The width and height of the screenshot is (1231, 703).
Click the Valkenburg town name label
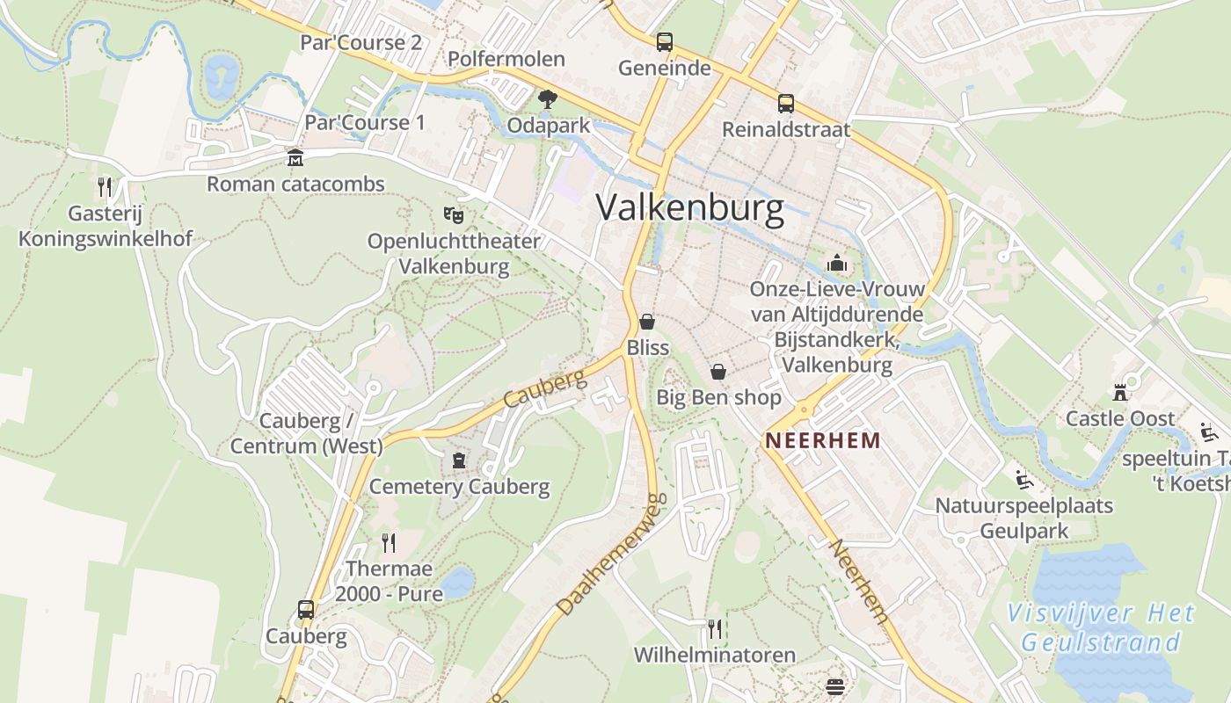[x=690, y=208]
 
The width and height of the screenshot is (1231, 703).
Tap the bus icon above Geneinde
[x=664, y=41]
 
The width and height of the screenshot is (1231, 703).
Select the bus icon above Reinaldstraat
[x=785, y=104]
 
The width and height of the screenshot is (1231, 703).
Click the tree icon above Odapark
[x=548, y=99]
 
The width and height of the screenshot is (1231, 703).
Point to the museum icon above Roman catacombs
[x=295, y=158]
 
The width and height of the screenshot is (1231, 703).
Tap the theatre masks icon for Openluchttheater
[x=453, y=214]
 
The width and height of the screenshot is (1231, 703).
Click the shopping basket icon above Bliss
[x=647, y=322]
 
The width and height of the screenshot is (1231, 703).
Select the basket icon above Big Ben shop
[x=718, y=372]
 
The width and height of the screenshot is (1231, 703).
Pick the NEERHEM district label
[x=822, y=440]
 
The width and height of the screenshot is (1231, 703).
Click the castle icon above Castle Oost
[x=1120, y=392]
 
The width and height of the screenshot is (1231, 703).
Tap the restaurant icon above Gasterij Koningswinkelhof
[x=105, y=186]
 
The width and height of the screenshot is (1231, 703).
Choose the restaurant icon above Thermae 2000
[x=389, y=542]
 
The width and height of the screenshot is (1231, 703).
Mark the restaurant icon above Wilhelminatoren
[x=715, y=628]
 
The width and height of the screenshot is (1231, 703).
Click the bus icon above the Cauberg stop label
[x=306, y=610]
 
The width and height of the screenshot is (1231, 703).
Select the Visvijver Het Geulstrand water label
[x=1101, y=627]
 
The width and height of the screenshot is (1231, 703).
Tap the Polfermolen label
[x=506, y=60]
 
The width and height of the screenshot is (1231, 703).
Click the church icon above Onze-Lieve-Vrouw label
[x=836, y=263]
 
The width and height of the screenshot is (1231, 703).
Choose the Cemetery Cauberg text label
[x=459, y=487]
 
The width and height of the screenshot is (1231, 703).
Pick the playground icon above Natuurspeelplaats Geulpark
[x=1023, y=480]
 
